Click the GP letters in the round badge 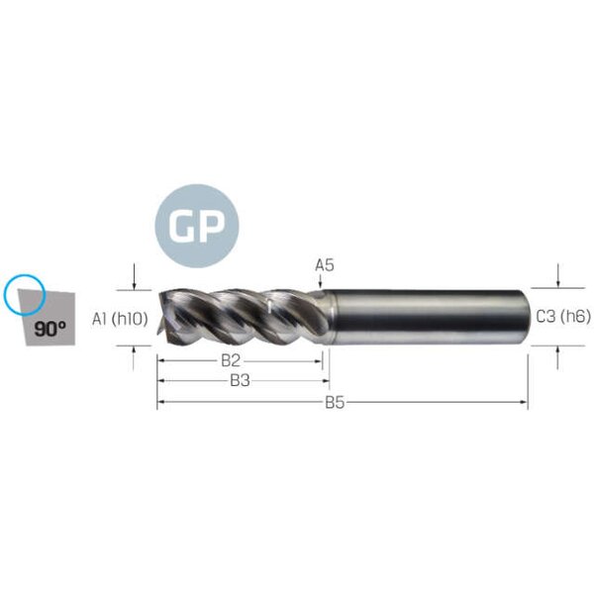point(197,226)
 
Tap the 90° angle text point(50,329)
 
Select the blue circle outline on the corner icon point(25,295)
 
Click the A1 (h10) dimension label point(120,319)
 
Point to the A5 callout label point(325,265)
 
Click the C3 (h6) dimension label point(563,317)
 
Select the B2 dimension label point(231,360)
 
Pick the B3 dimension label point(240,381)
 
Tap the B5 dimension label point(335,403)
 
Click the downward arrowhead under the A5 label point(321,285)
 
